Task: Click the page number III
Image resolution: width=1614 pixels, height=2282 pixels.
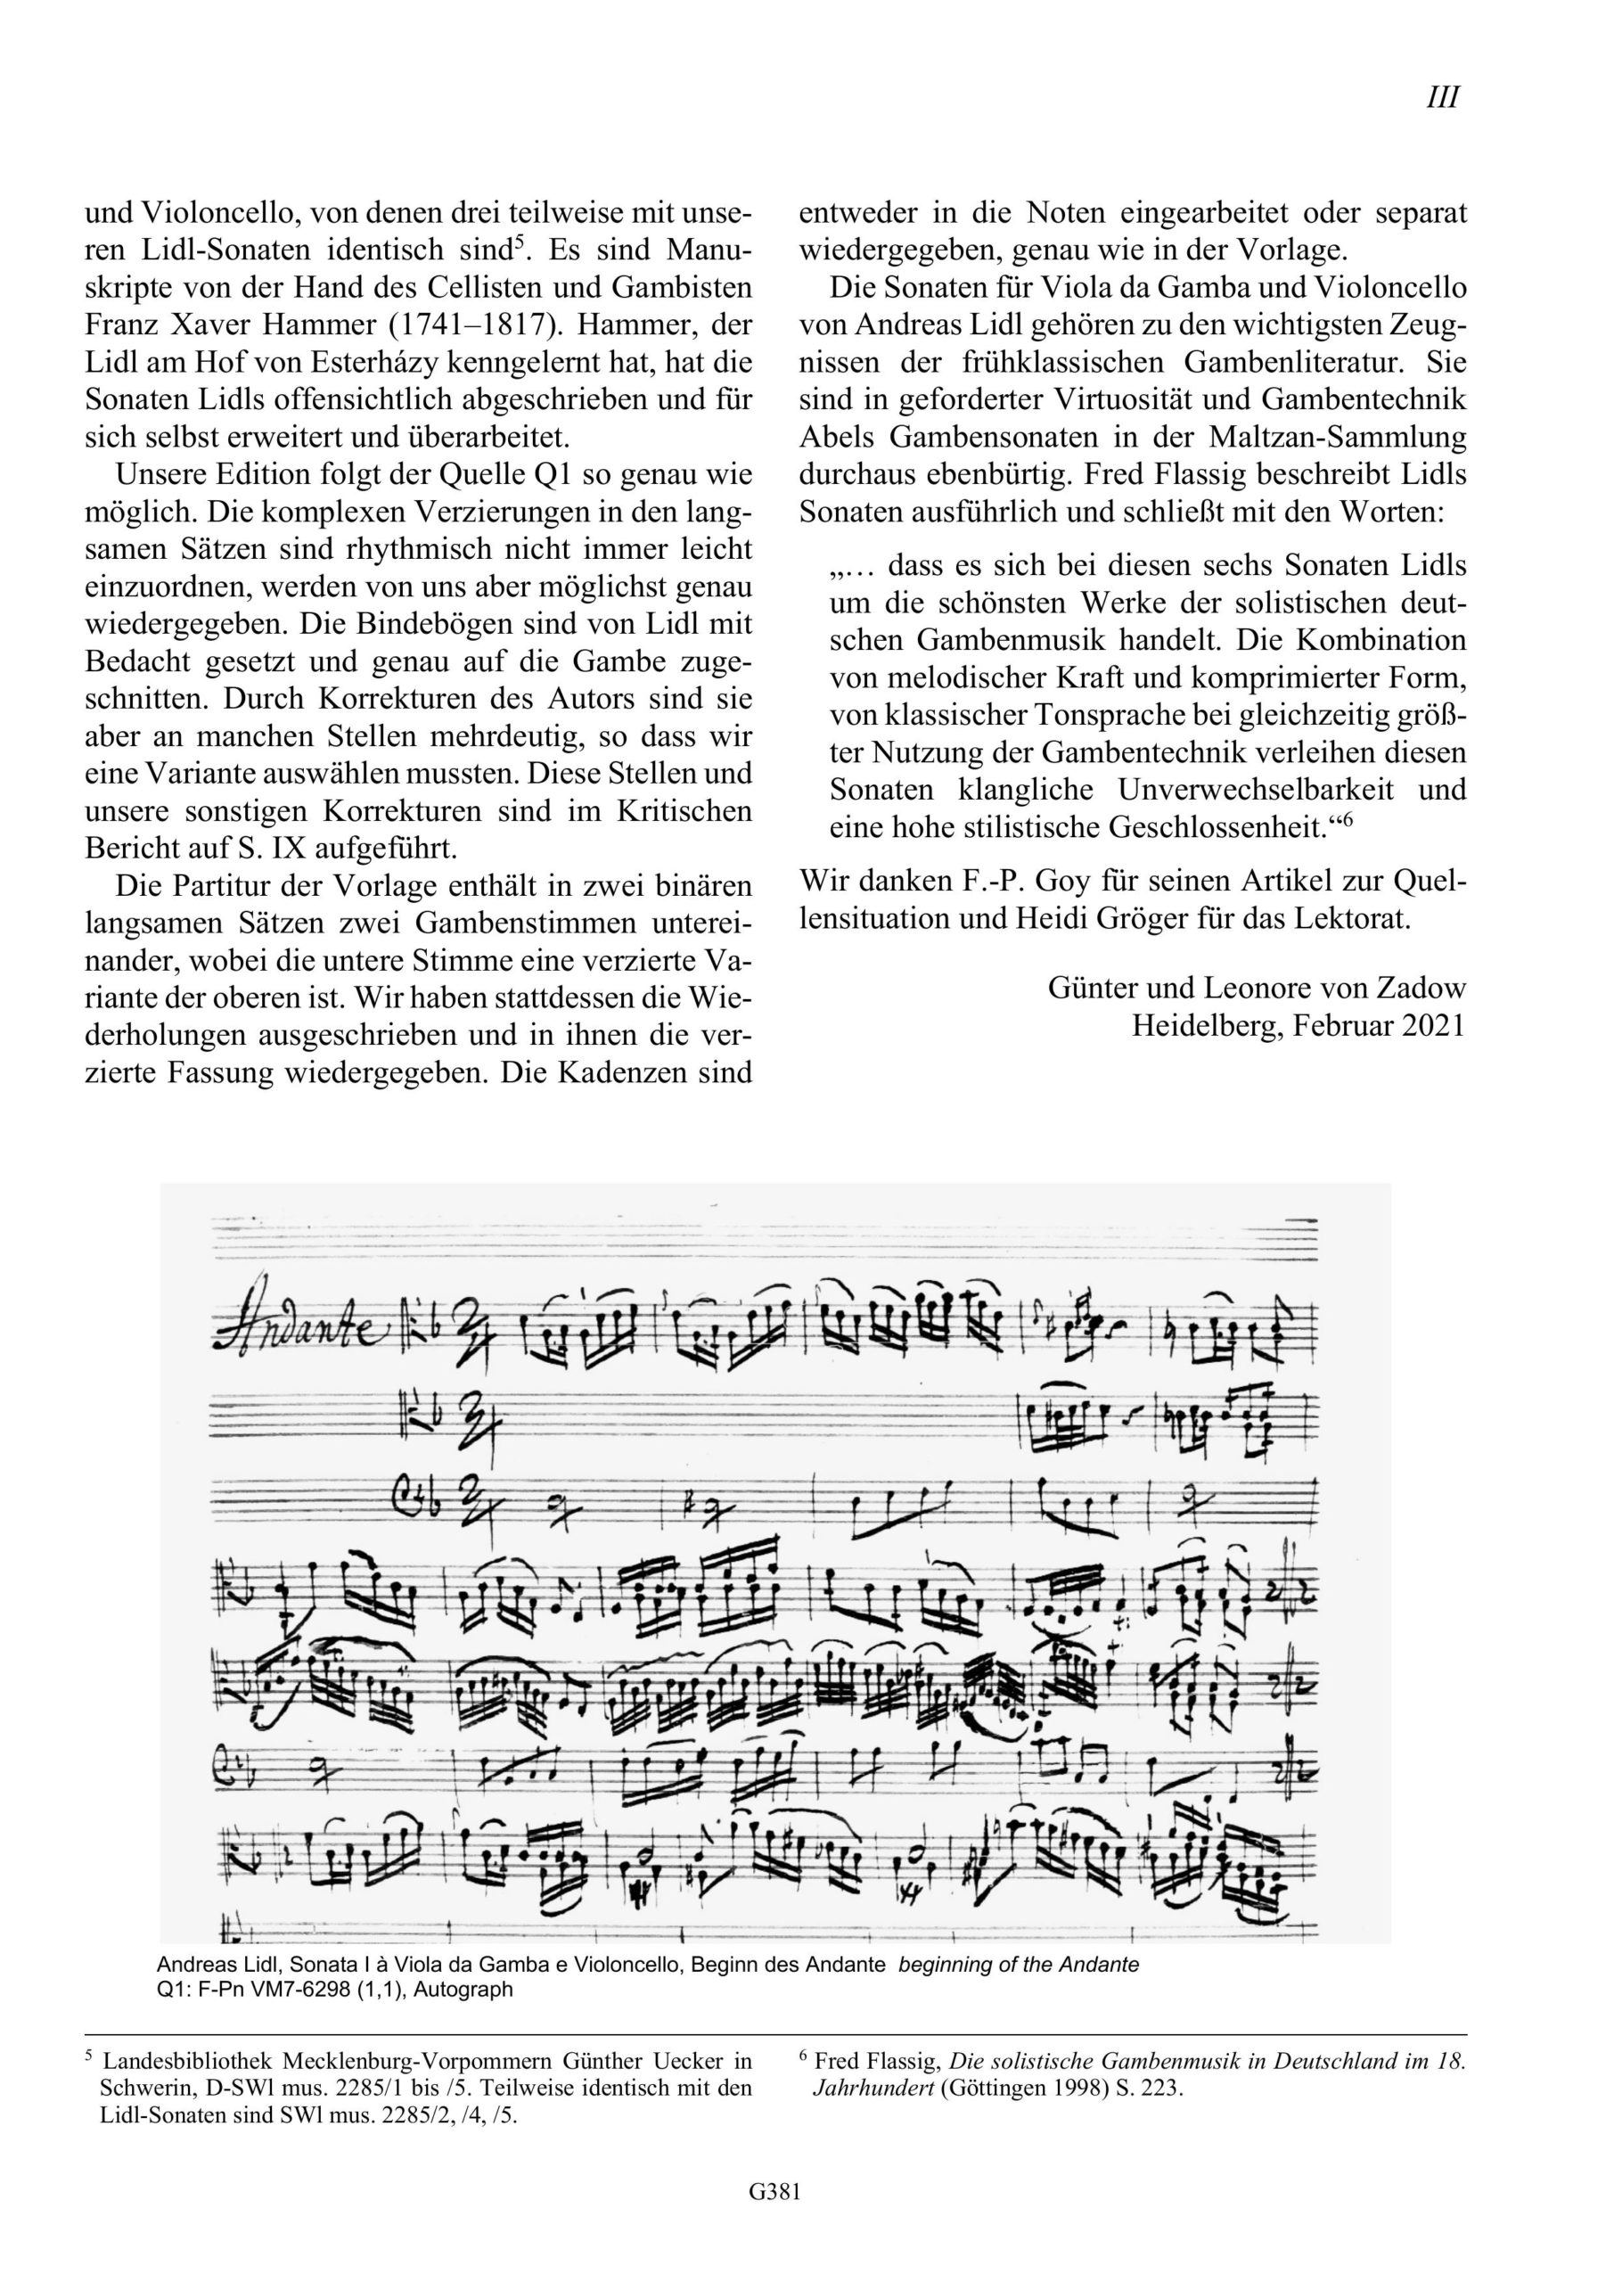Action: [x=1442, y=98]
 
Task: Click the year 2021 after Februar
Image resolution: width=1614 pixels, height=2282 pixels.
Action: [x=1434, y=1026]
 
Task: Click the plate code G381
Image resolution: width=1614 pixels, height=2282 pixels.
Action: [x=775, y=2220]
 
